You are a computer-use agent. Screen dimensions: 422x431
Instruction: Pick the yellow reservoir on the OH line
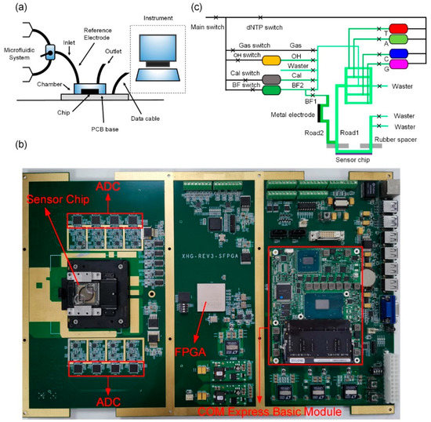[272, 60]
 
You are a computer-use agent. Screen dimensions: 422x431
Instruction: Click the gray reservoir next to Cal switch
[272, 79]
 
